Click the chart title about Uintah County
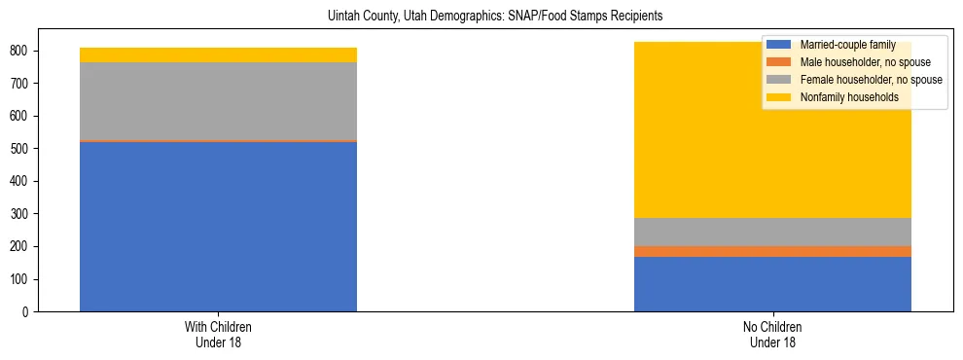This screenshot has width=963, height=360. click(481, 17)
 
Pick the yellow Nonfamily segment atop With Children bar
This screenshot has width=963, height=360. click(218, 54)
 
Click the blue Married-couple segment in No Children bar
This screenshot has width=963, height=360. click(772, 284)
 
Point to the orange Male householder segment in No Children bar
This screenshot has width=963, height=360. click(772, 251)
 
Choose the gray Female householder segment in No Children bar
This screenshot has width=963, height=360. click(772, 232)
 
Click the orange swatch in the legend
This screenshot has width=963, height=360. click(779, 62)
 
